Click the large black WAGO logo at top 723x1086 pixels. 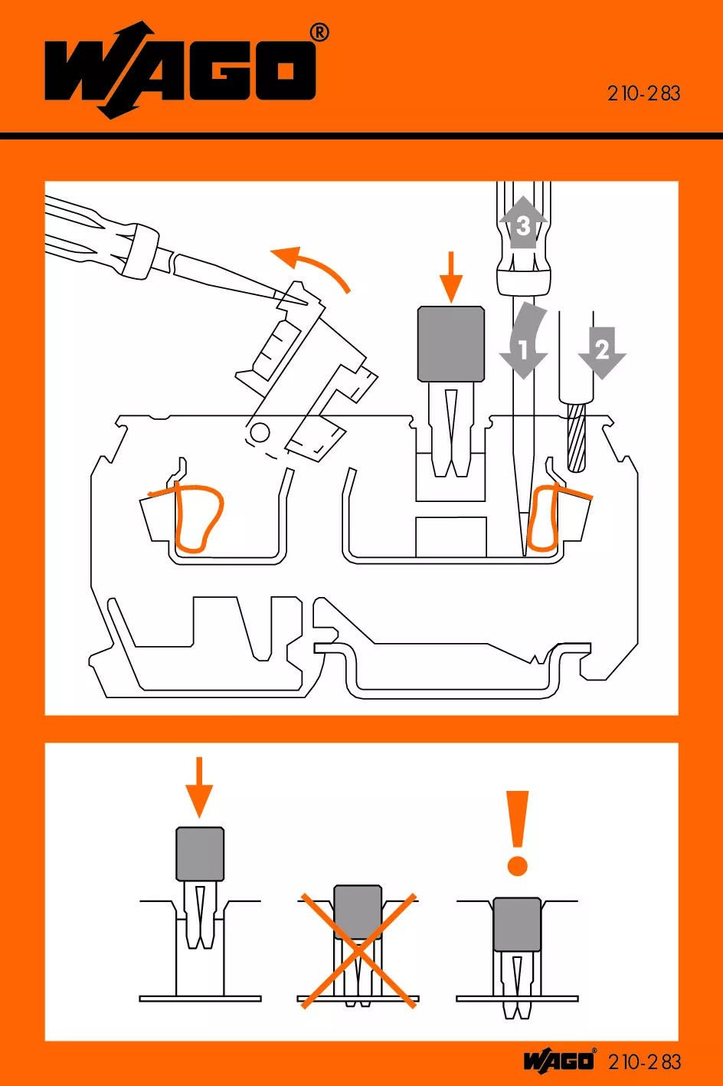pos(180,71)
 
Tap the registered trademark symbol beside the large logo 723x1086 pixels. pos(319,32)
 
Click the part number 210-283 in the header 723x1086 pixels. pos(643,94)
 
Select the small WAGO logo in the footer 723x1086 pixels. pos(559,1061)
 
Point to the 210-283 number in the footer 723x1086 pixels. pos(644,1061)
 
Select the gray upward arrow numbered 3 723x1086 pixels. pos(523,222)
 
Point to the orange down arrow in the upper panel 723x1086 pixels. pos(451,277)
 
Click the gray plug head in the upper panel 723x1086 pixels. pos(451,343)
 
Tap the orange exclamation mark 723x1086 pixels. pos(519,832)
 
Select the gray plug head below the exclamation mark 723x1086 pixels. pos(517,924)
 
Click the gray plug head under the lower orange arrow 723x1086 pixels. pos(200,853)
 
